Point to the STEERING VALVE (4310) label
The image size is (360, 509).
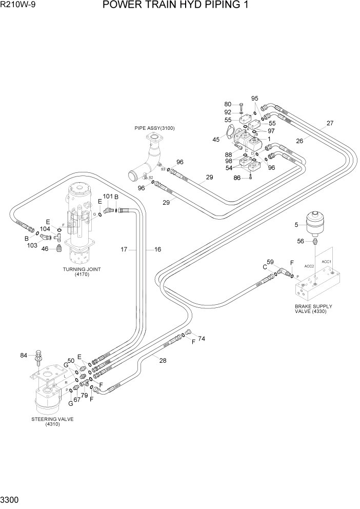pos(52,421)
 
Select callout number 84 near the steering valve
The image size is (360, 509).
pos(23,355)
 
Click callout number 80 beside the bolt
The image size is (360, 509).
pos(228,105)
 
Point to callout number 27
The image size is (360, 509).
pos(330,123)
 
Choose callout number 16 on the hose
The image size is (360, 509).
pos(157,249)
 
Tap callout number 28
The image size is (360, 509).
pos(163,361)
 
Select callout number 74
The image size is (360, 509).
pos(202,339)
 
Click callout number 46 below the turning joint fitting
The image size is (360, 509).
pos(45,248)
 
